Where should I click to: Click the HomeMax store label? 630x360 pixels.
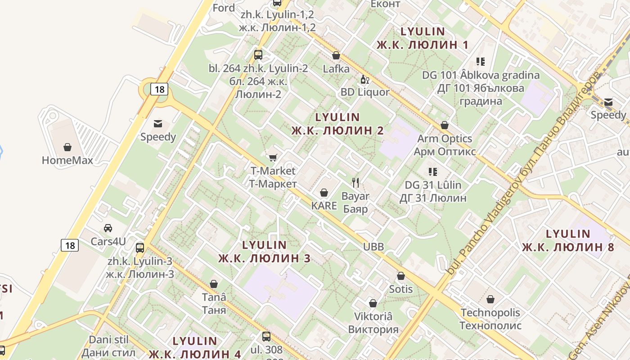pos(67,160)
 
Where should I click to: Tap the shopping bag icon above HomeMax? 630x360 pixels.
pos(67,147)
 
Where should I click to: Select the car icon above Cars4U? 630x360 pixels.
pos(108,228)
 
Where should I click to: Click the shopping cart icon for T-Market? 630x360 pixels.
pos(273,157)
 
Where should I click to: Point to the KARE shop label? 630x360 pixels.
pos(324,206)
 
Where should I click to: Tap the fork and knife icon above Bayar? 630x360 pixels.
pos(355,182)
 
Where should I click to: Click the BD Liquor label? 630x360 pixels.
pos(365,92)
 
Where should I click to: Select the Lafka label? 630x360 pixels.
pos(336,69)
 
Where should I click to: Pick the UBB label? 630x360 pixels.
pos(373,247)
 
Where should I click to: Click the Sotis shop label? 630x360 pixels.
pos(400,289)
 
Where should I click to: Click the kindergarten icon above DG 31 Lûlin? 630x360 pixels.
pos(433,171)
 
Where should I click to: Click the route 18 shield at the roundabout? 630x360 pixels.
pos(159,89)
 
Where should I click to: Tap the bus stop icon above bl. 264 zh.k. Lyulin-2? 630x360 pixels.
pos(258,55)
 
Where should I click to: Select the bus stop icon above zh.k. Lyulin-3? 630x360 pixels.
pos(140,247)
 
